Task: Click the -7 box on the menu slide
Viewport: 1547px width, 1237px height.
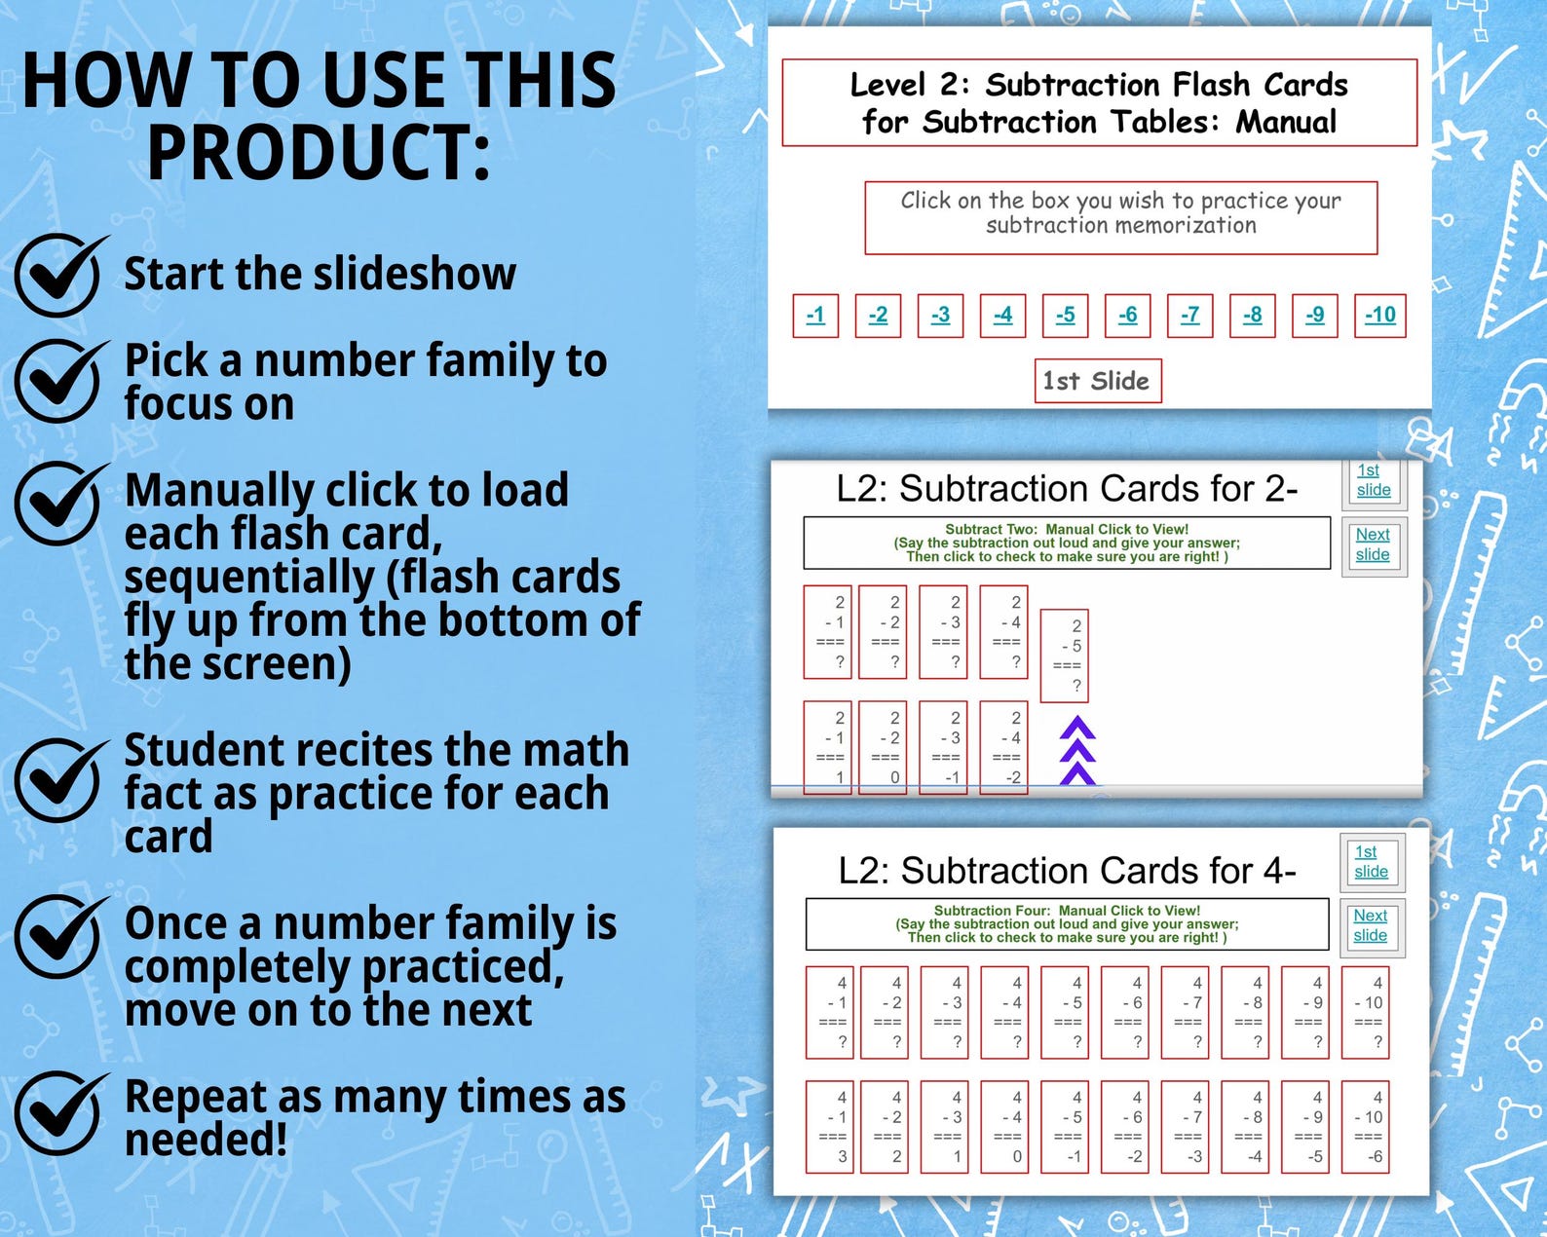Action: click(1189, 316)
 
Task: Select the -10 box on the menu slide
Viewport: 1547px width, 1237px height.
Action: click(1379, 316)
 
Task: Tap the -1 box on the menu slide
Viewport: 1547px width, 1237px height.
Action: click(815, 316)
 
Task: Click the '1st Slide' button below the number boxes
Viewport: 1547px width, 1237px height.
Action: click(1097, 381)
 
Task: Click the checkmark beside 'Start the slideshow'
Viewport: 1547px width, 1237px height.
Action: click(58, 277)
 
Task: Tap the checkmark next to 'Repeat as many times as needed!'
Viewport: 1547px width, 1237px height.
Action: click(58, 1113)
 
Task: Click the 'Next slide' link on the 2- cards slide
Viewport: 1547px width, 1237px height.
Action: click(1373, 544)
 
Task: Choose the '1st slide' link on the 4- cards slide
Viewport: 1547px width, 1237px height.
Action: click(1370, 861)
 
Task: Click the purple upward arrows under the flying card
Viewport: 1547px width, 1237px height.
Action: click(1077, 751)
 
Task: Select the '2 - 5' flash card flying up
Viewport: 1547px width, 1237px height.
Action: click(1065, 655)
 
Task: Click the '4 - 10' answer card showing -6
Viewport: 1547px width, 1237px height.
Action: click(1366, 1126)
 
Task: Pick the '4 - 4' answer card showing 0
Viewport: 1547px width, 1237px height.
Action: click(1005, 1126)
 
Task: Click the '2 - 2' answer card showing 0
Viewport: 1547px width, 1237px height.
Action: click(884, 747)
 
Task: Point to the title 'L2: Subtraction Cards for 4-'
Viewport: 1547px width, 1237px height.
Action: click(1067, 870)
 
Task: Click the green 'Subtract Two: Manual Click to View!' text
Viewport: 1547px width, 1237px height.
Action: click(1067, 530)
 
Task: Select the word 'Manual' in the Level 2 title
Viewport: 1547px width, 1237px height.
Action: click(1286, 123)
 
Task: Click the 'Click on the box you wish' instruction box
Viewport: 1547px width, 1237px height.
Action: click(1120, 217)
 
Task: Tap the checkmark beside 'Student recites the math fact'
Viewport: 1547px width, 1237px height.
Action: click(58, 781)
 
